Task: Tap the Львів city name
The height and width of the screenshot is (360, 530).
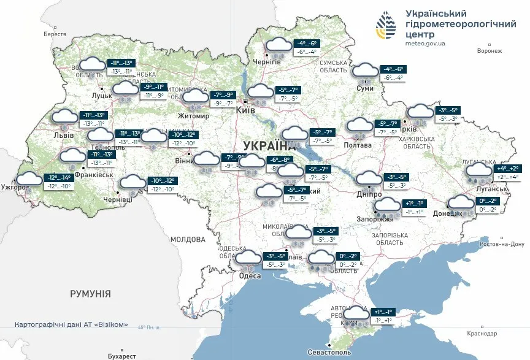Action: (64, 135)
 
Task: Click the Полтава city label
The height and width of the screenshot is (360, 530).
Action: (358, 145)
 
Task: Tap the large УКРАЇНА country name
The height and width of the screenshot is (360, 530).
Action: (269, 145)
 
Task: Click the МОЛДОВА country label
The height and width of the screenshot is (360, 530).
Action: (188, 239)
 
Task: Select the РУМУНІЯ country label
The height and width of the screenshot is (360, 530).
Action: (90, 294)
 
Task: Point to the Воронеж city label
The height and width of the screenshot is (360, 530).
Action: (489, 52)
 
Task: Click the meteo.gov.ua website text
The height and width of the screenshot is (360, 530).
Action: (425, 44)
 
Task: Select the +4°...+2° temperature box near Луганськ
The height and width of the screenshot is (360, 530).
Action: (506, 167)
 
